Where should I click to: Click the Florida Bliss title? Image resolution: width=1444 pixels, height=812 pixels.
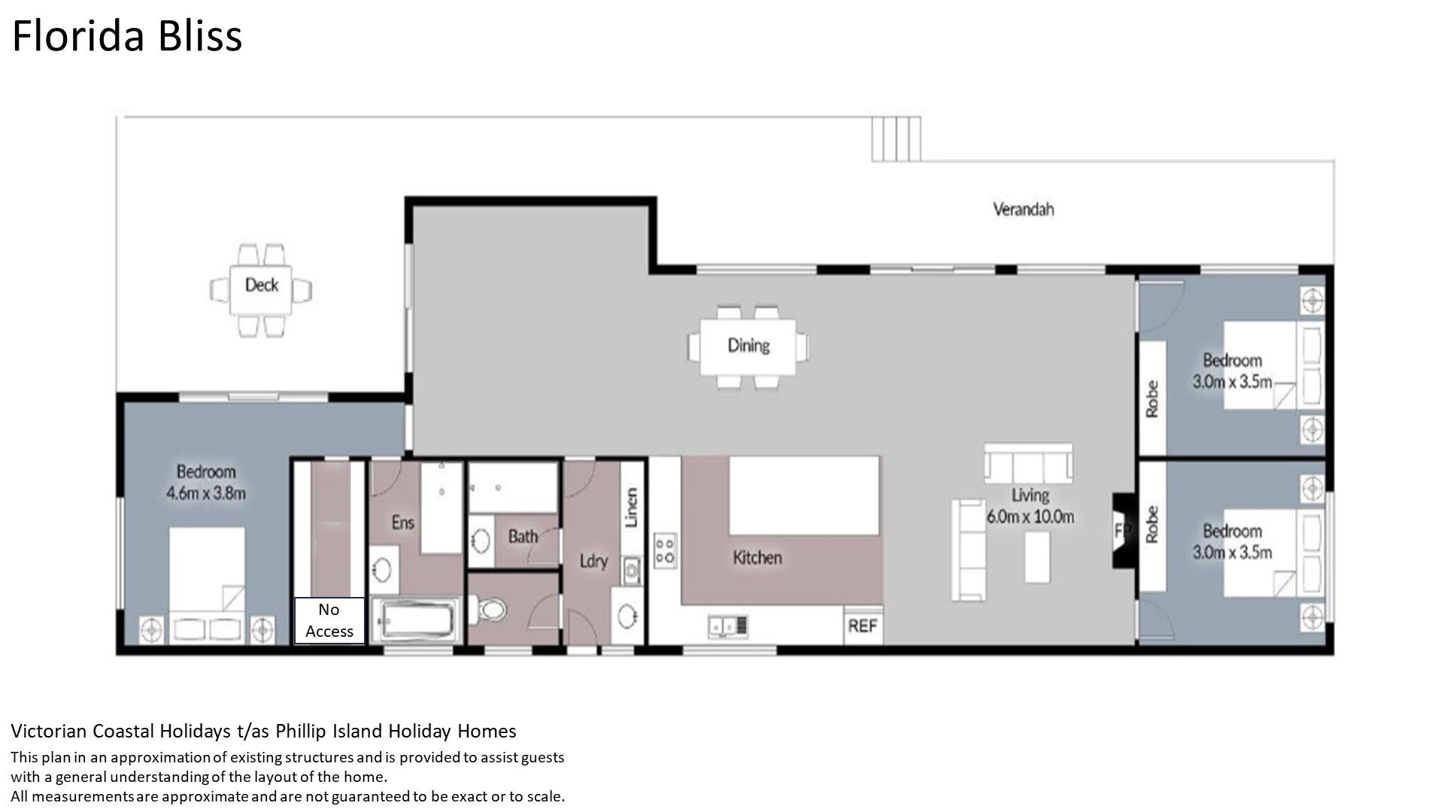(127, 36)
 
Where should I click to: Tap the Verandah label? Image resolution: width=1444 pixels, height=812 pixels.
(1023, 209)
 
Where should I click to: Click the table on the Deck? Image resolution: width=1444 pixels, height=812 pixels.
(261, 289)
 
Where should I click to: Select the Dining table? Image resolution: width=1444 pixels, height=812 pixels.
(748, 347)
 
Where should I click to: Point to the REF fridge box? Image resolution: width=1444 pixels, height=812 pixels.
(863, 626)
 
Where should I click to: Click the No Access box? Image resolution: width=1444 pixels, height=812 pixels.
(329, 620)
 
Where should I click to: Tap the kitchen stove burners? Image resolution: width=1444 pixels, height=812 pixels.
(665, 550)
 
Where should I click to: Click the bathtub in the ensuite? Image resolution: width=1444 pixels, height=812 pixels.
(416, 621)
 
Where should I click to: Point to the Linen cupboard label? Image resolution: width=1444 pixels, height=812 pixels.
(632, 507)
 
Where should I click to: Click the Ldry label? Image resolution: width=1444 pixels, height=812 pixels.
(593, 561)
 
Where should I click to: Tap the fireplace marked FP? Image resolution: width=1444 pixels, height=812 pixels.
(1122, 529)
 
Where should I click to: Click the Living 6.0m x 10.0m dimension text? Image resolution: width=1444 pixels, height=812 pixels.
(1030, 506)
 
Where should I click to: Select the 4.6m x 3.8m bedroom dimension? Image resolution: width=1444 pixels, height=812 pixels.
(206, 494)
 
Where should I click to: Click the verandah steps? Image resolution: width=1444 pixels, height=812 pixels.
(896, 139)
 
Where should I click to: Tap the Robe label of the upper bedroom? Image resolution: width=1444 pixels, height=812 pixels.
(1151, 398)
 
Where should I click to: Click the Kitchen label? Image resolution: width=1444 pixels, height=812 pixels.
(757, 558)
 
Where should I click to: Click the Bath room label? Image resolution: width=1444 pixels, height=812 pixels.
(523, 537)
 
